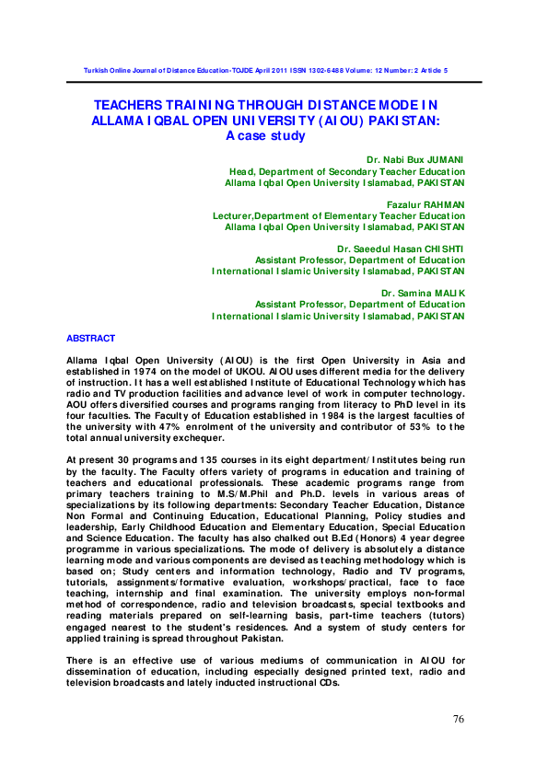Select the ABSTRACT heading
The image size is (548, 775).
tap(90, 339)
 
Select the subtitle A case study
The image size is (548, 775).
tap(265, 135)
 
